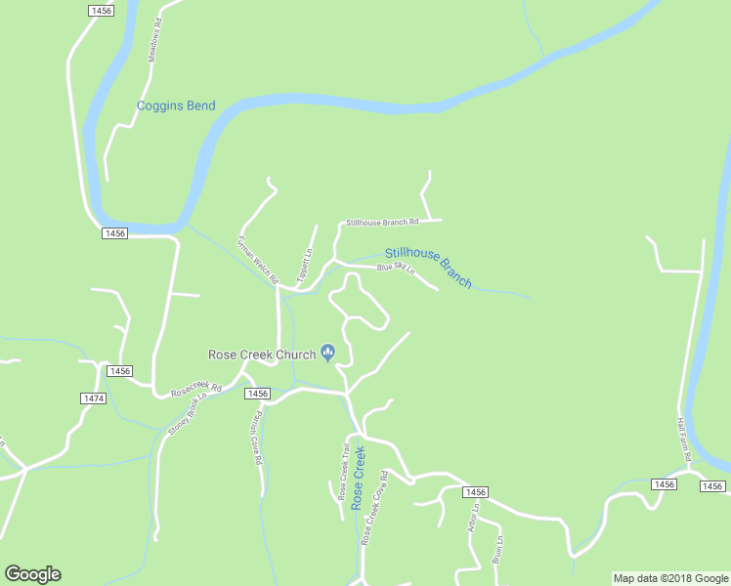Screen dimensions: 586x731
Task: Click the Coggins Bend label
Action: click(176, 105)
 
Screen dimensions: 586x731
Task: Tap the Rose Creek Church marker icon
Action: click(328, 354)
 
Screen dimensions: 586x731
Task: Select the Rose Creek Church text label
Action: click(262, 355)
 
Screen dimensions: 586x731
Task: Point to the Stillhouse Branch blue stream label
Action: click(428, 267)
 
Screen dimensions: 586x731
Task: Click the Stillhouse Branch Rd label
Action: click(382, 223)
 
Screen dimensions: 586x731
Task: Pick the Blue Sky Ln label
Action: click(396, 268)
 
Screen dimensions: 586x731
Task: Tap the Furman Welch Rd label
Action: click(258, 259)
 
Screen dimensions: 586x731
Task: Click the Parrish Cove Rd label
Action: click(255, 439)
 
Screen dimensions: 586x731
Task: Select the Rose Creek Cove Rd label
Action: click(374, 508)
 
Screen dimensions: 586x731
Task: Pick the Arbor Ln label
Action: click(474, 521)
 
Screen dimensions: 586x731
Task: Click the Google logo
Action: click(32, 574)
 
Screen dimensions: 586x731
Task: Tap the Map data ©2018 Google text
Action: click(670, 578)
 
